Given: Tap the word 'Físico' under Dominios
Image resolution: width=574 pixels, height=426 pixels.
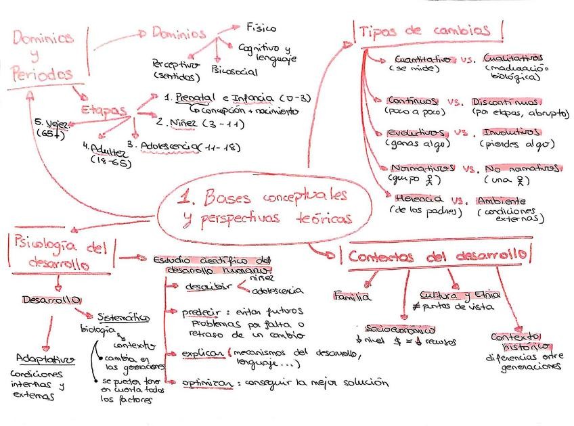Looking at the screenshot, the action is click(x=261, y=28).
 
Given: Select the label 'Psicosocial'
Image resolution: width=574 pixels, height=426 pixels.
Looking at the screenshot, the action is click(x=234, y=70).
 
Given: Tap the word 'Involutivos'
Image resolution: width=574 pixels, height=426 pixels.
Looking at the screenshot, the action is click(x=510, y=132).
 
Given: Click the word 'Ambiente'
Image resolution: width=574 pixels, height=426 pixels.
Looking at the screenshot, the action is click(x=500, y=201).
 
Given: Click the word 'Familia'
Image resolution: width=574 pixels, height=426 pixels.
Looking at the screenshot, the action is click(x=352, y=295).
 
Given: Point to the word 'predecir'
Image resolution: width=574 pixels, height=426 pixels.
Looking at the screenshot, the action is click(x=200, y=312).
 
